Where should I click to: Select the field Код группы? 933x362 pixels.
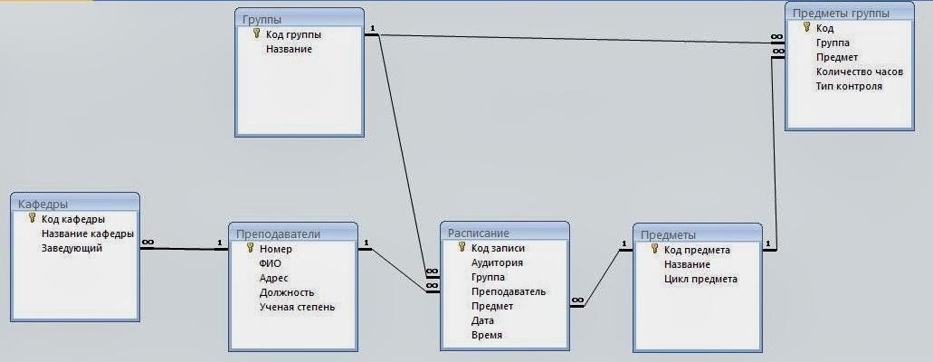coord(293,35)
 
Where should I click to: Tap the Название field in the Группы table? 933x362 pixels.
coord(289,50)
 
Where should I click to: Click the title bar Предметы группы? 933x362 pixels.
coord(840,13)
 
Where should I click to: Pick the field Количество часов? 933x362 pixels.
coord(859,71)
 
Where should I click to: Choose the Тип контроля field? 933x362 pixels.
coord(848,86)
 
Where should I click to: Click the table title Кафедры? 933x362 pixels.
coord(43,205)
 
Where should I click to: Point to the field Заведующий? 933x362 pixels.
coord(71,248)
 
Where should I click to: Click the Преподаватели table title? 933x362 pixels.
coord(278,233)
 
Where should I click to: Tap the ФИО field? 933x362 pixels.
coord(270,263)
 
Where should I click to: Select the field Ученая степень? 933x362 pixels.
coord(297,307)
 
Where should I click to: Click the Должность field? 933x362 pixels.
coord(286,292)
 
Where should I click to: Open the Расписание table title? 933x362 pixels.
coord(479,233)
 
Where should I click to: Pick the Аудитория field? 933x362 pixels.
coord(497,262)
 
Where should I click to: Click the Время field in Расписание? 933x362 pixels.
coord(486,335)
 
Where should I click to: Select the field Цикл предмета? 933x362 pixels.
coord(700,279)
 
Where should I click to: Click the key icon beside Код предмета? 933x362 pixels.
coord(654,249)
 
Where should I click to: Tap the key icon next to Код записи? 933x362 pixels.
coord(462,247)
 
